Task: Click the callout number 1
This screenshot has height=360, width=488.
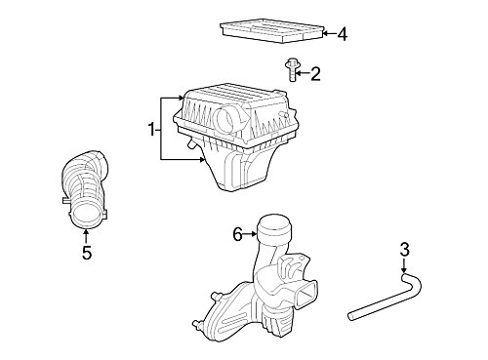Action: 151,128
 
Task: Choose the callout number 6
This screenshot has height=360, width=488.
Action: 236,233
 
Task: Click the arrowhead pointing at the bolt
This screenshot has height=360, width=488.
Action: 302,71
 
